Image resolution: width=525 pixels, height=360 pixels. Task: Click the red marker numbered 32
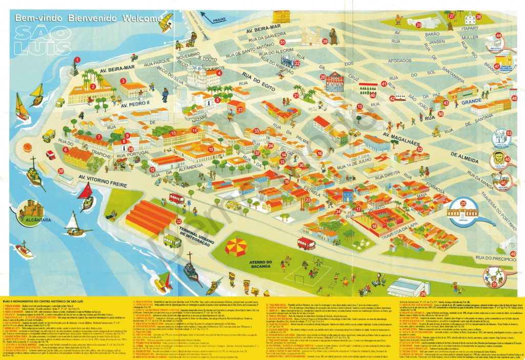pyautogui.click(x=179, y=222)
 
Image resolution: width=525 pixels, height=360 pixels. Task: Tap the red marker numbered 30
pyautogui.click(x=61, y=172)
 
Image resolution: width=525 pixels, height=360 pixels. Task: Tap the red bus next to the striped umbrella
pyautogui.click(x=306, y=243)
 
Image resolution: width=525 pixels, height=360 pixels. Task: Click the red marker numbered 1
pyautogui.click(x=75, y=60)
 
